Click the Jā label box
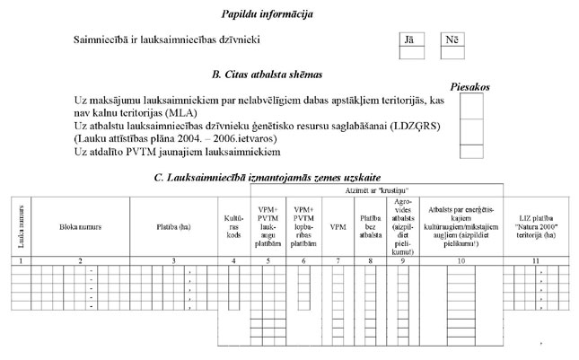[x=411, y=40]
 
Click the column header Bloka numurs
[x=81, y=227]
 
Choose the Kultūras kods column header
[x=233, y=227]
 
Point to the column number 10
[x=462, y=259]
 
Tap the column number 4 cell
[x=233, y=259]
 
